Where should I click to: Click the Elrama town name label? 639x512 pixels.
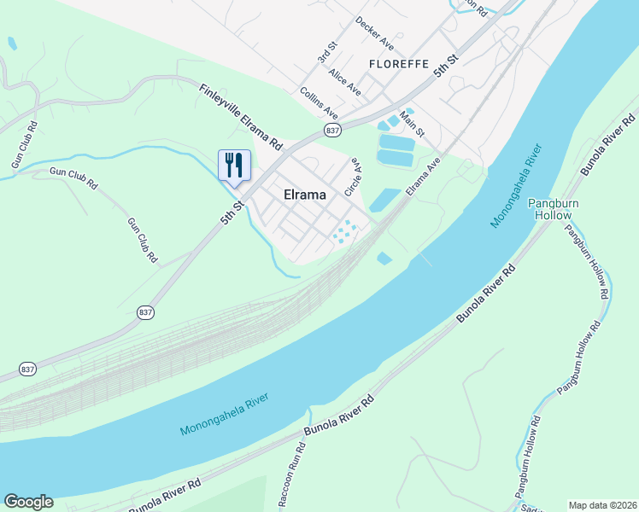click(x=304, y=195)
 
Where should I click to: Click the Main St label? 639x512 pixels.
click(x=413, y=131)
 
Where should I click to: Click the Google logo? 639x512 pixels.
click(x=28, y=502)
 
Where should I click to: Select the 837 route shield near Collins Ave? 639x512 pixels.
click(x=333, y=130)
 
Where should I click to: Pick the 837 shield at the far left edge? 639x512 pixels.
click(x=27, y=369)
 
